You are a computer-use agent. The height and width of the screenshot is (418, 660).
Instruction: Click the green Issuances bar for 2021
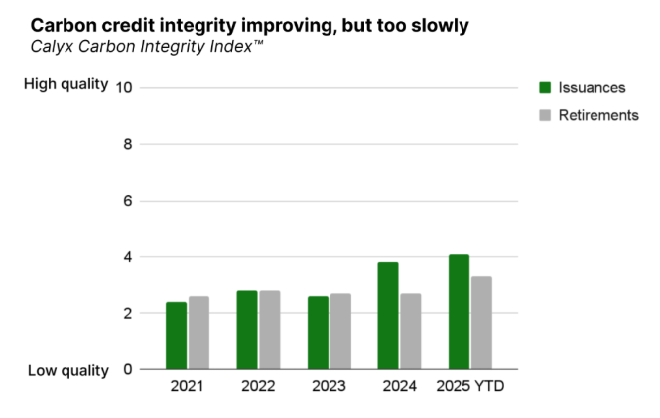176,336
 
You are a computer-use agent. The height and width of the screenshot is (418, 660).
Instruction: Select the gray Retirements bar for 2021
198,333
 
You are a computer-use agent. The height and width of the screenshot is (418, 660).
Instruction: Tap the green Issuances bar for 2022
247,330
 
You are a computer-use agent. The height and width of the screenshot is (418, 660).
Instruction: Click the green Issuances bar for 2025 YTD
459,312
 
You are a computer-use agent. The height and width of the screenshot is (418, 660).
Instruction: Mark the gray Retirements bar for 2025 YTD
481,323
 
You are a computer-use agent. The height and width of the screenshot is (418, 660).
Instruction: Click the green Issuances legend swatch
545,87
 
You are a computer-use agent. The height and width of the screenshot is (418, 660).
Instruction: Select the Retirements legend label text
598,115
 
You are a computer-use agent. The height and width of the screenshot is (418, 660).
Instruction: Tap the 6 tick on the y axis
128,201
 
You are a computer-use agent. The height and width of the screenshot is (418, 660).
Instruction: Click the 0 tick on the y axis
128,369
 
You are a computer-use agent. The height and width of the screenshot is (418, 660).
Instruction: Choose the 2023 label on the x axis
329,386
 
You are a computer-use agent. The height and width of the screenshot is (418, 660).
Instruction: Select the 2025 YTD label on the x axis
470,386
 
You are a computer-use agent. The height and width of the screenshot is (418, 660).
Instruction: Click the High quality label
65,84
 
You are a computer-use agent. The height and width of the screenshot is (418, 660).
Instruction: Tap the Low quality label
67,370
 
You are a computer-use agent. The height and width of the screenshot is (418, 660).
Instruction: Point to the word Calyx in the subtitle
51,46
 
